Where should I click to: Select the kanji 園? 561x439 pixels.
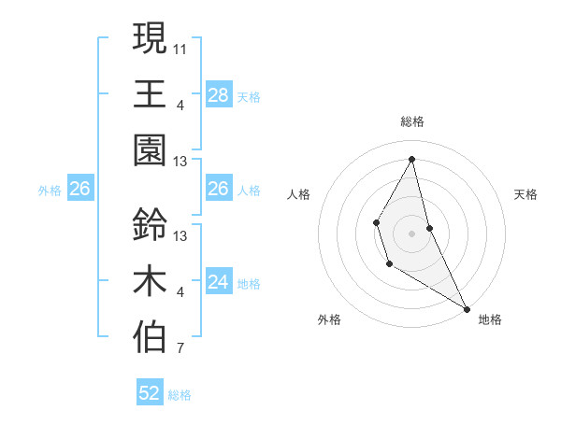coord(150,149)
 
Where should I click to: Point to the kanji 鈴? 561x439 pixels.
coord(150,224)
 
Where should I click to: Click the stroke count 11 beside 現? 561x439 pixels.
coord(180,47)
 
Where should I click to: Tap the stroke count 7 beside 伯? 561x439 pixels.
coord(180,350)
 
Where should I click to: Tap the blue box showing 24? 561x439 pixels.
coord(218,282)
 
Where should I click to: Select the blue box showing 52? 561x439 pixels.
coord(150,393)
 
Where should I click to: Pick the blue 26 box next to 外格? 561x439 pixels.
coord(79,189)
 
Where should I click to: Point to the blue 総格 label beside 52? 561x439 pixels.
coord(180,395)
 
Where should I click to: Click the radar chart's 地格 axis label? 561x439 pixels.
coord(490,319)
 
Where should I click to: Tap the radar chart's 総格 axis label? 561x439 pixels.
coord(412,121)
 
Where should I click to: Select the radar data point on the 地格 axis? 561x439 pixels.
coord(467,309)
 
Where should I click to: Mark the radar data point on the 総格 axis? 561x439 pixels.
coord(412,158)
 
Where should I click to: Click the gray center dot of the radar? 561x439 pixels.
coord(412,232)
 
